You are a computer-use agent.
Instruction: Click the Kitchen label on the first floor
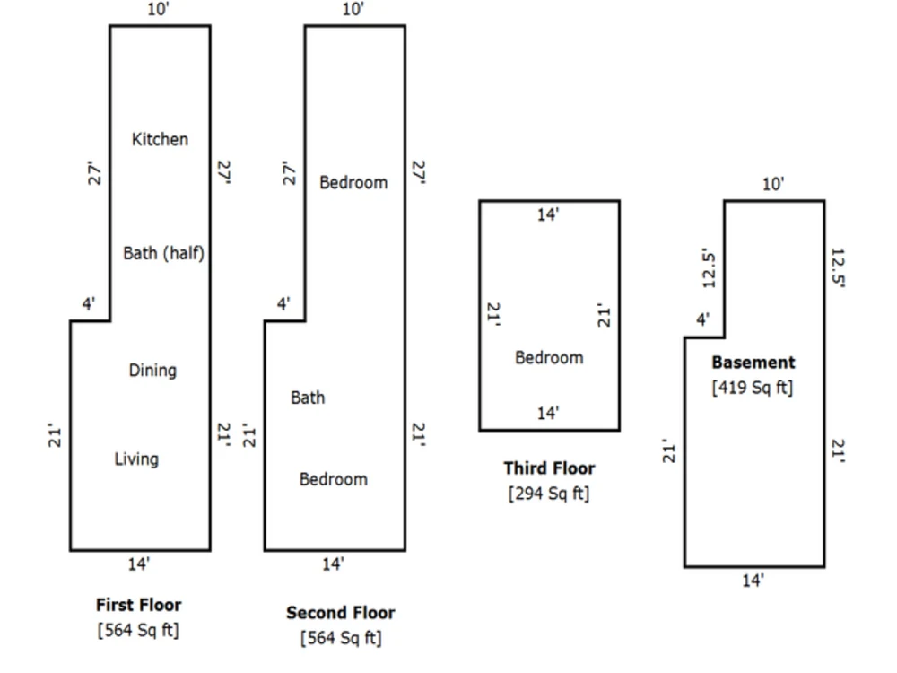point(160,139)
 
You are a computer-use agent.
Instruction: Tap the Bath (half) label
point(163,253)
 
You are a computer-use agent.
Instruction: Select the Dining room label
point(152,371)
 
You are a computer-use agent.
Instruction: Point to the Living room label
point(136,459)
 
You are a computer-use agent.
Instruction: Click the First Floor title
point(138,604)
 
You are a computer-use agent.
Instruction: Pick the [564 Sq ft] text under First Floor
point(138,630)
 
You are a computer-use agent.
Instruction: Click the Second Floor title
point(340,612)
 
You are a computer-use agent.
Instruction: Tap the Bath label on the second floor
point(308,398)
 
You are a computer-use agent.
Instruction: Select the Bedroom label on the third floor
point(549,358)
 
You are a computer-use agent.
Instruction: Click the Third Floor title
point(549,468)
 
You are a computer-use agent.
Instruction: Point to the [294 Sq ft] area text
point(549,494)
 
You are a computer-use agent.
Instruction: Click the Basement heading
point(753,363)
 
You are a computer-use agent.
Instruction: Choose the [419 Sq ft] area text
point(753,388)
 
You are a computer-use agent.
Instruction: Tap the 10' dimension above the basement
point(773,184)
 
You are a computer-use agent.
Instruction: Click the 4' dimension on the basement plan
point(702,319)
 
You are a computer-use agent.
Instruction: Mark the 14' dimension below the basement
point(753,581)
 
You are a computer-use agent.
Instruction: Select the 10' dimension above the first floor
point(159,9)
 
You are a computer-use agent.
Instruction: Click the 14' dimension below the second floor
point(333,564)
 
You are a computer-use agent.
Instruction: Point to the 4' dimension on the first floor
point(88,303)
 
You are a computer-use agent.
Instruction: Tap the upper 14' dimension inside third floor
point(547,214)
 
